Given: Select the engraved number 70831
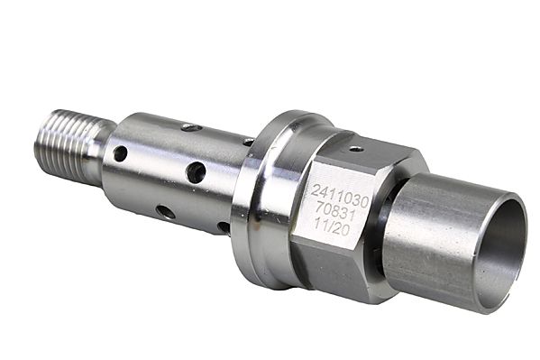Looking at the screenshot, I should (334, 208).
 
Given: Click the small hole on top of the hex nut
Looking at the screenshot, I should (356, 148).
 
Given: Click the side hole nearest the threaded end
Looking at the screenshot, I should (120, 153).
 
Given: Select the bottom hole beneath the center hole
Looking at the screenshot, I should (166, 212).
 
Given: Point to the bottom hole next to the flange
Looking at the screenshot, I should (223, 227).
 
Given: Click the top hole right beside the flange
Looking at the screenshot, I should (247, 142).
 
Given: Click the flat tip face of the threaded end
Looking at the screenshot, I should (43, 143).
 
